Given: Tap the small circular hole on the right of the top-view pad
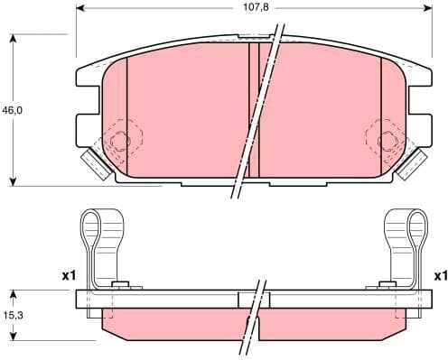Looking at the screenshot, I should pyautogui.click(x=387, y=140).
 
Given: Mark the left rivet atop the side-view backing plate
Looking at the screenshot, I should pyautogui.click(x=117, y=286).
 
